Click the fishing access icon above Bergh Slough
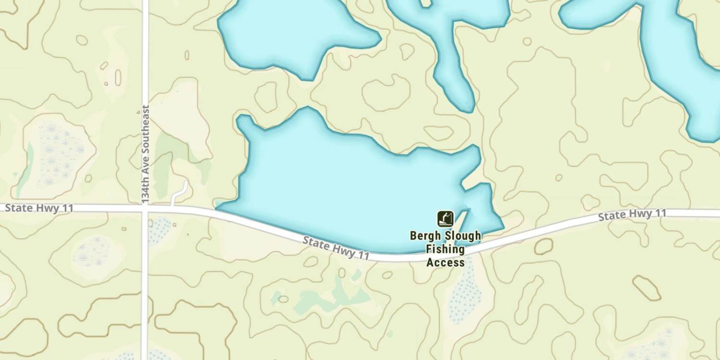445,219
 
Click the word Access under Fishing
445,263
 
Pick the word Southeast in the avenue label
146,130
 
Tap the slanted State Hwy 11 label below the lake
336,248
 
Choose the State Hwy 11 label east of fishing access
632,215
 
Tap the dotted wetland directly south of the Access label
465,293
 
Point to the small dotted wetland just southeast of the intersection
160,229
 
